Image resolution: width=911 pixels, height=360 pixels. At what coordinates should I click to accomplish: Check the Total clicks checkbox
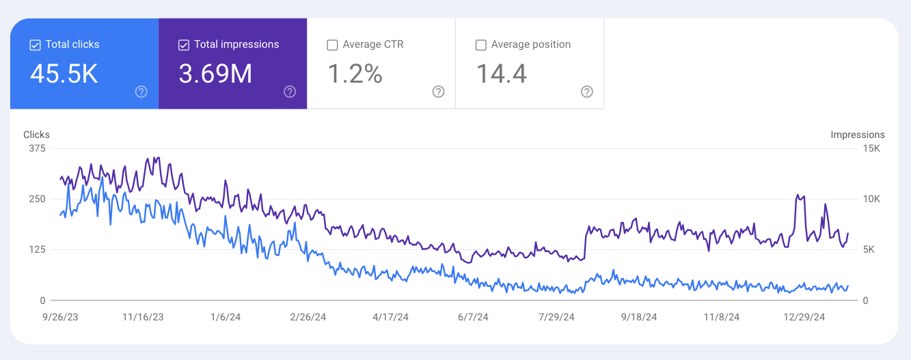(36, 45)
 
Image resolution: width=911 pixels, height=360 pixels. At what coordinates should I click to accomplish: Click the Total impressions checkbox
(183, 45)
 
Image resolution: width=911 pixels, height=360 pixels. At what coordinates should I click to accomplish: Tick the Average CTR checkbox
(332, 45)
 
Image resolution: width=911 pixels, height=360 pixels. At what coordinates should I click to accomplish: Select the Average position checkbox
(480, 45)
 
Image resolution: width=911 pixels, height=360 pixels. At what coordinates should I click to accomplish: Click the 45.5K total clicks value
(64, 74)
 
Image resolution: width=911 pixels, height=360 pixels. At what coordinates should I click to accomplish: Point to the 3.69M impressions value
(215, 74)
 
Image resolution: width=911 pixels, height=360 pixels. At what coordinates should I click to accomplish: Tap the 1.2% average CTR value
(355, 74)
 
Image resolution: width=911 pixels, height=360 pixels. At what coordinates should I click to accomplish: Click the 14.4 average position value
(501, 74)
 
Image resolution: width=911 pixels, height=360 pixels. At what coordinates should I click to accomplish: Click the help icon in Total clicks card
(141, 92)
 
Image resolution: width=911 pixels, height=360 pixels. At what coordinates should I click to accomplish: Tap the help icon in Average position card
(586, 92)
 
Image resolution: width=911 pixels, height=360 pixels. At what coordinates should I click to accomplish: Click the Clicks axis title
(36, 135)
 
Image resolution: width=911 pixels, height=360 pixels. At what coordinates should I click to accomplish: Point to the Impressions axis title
(857, 135)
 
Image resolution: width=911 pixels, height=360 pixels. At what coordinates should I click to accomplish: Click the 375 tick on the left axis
(38, 148)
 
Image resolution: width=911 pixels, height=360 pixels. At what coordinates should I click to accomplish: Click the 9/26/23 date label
(60, 317)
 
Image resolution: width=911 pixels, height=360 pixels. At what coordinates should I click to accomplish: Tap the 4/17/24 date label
(391, 317)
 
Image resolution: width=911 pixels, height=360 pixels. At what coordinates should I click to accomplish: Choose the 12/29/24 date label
(804, 317)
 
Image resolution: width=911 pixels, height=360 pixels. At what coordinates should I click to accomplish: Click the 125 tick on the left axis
(38, 249)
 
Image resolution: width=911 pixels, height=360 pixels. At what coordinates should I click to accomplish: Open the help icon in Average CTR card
(438, 92)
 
